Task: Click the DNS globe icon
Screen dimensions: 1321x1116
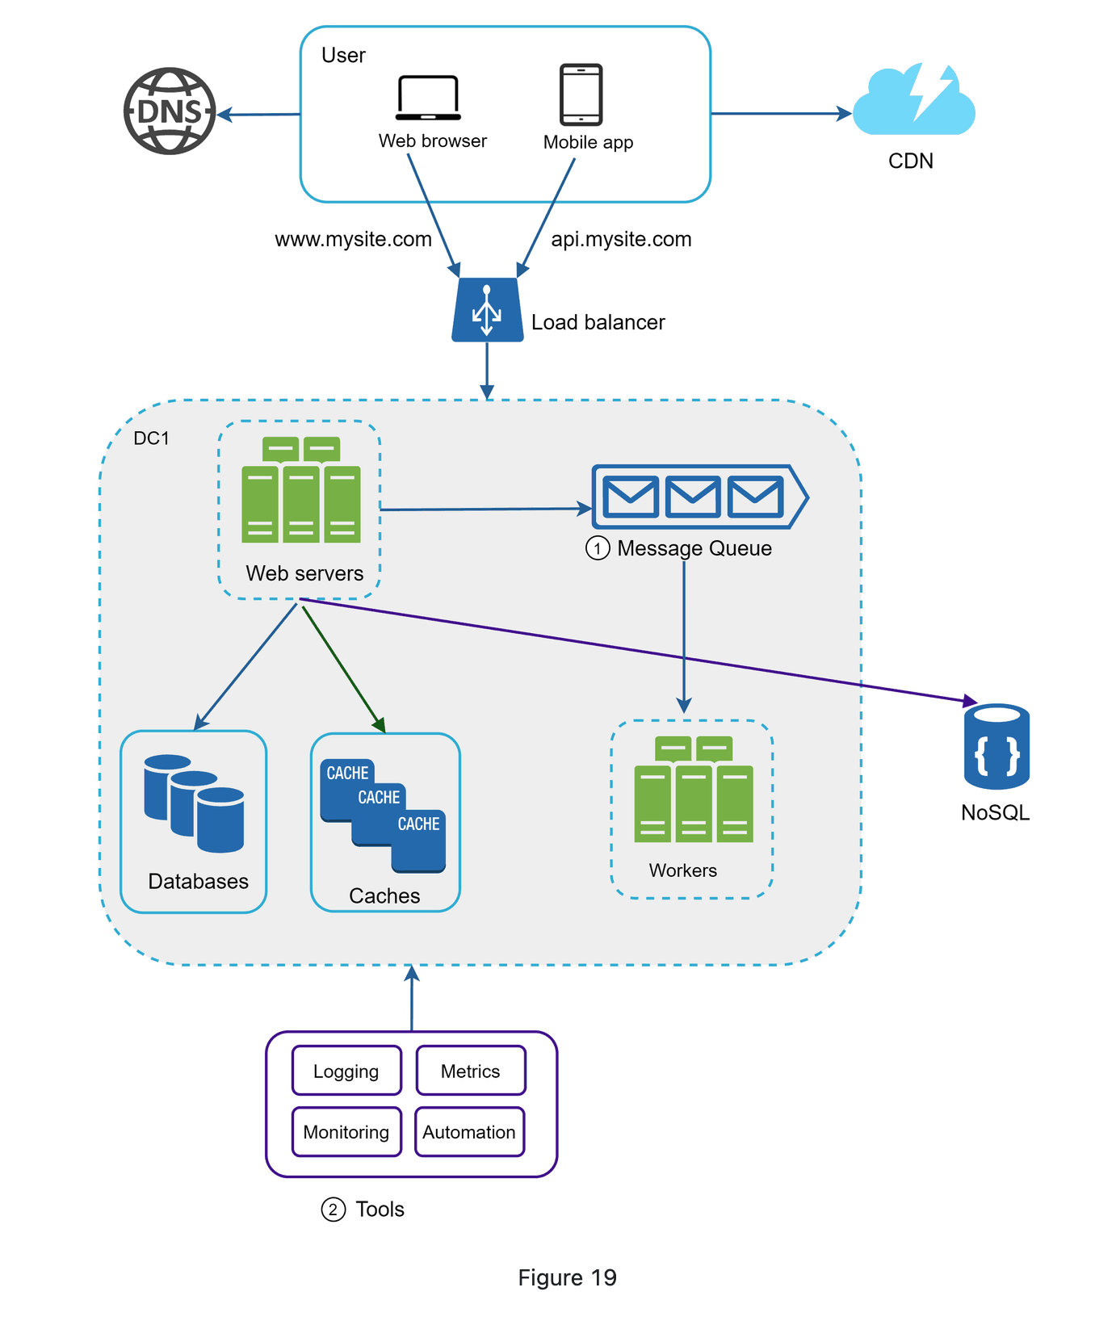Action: tap(170, 111)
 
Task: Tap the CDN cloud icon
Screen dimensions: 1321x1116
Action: tap(913, 103)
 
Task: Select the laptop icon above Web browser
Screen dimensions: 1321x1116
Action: tap(428, 98)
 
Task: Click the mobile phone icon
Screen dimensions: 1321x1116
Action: tap(581, 94)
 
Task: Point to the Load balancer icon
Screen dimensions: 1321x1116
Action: tap(487, 310)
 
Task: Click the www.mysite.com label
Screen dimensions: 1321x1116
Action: tap(353, 240)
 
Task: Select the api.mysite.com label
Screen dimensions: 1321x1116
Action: tap(621, 240)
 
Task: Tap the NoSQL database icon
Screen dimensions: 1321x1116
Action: tap(996, 747)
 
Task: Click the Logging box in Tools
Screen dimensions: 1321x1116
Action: tap(346, 1071)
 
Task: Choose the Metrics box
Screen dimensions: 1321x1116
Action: tap(471, 1071)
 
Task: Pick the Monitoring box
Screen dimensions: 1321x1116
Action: tap(346, 1132)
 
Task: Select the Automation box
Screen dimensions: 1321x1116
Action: tap(469, 1132)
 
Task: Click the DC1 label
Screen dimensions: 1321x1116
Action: tap(152, 438)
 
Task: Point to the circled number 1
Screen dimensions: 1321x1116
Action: tap(598, 549)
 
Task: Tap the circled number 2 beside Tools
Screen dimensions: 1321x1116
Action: tap(334, 1210)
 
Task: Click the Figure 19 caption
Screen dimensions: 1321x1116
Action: tap(567, 1277)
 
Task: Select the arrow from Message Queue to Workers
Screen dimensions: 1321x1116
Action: tap(684, 638)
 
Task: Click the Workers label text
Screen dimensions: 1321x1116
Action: tap(683, 870)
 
